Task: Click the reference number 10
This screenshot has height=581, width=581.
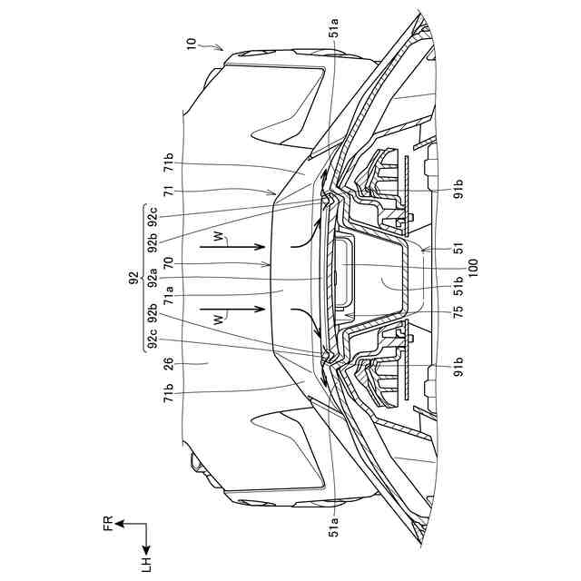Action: point(192,43)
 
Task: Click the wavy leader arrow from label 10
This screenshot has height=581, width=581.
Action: point(212,44)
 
